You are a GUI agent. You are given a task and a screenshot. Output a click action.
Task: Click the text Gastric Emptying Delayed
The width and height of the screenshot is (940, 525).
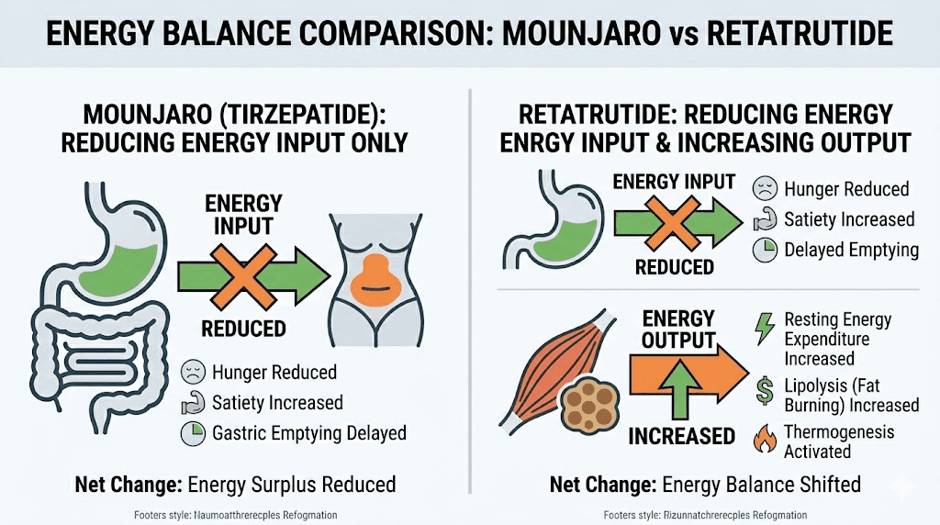pos(309,432)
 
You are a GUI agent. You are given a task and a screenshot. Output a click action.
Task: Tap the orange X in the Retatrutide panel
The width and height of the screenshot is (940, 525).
pos(676,219)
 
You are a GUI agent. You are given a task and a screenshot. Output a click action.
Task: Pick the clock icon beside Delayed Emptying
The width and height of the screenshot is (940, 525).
pos(764,250)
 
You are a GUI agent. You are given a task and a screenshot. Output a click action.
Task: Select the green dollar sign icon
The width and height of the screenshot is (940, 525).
pos(764,389)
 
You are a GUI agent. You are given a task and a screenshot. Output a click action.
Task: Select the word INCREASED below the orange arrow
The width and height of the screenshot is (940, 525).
pos(681,436)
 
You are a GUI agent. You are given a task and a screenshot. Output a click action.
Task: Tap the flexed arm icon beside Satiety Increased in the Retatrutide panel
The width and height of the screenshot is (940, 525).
pos(764,219)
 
